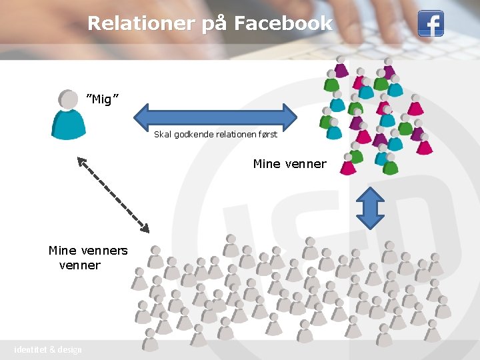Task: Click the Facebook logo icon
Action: coord(431,24)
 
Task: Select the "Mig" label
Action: coord(103,99)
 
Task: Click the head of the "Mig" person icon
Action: coord(68,99)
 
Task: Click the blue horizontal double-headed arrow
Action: coord(215,116)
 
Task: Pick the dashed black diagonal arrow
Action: coord(113,194)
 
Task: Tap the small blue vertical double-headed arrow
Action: coord(371,207)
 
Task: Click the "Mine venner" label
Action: coord(290,164)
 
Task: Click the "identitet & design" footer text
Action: coord(48,350)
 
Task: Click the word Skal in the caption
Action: coord(162,135)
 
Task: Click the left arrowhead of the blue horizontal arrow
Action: coord(141,116)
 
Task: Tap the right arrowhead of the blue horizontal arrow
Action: coord(289,116)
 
